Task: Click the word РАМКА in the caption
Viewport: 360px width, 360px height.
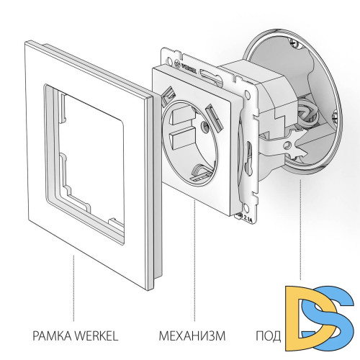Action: point(48,336)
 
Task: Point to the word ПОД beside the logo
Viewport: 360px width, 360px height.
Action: point(268,336)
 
